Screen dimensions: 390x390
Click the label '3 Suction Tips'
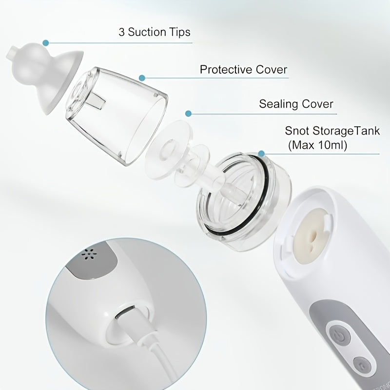[154, 32]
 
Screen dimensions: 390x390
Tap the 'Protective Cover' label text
[243, 69]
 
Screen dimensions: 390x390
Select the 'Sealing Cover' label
[296, 104]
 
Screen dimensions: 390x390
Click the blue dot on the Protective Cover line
[141, 77]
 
